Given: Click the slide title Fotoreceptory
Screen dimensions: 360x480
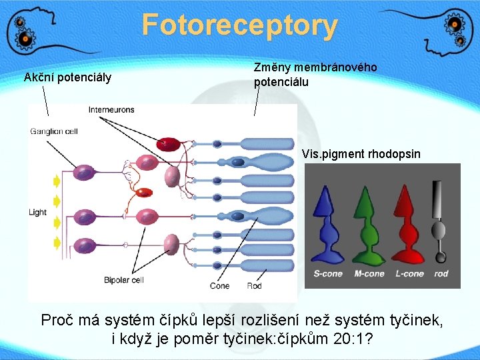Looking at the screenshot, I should (239, 25).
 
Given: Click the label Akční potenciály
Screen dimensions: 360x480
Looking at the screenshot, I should (67, 77).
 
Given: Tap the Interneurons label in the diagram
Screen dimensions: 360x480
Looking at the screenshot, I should (111, 109).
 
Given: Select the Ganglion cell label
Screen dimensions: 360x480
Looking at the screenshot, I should (54, 131).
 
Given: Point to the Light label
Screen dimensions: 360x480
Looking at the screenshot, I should (37, 212).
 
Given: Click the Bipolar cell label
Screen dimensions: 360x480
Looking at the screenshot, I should (124, 280).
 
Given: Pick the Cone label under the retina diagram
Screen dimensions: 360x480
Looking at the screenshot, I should (219, 286).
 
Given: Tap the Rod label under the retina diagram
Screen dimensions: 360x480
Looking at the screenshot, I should (255, 286).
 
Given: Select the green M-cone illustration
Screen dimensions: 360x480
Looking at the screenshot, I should (367, 223).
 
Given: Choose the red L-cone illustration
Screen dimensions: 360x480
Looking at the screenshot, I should (407, 223).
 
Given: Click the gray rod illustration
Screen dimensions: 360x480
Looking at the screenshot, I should (439, 220).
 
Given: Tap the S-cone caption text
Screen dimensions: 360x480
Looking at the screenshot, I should (328, 273).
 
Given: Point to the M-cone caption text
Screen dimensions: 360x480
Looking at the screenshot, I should (369, 273).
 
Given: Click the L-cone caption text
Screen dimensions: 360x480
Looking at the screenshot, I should (409, 273).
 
